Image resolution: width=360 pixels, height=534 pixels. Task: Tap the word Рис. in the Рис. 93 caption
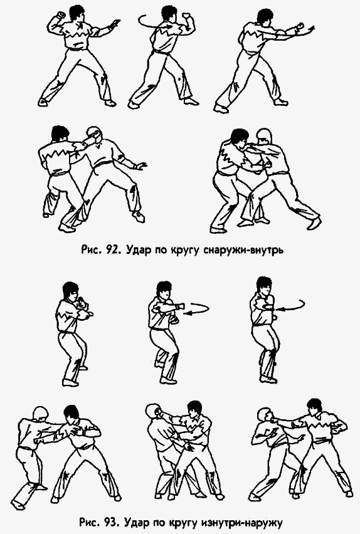click(x=91, y=520)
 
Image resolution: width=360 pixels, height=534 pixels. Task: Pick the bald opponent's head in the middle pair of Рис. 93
click(x=154, y=412)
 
